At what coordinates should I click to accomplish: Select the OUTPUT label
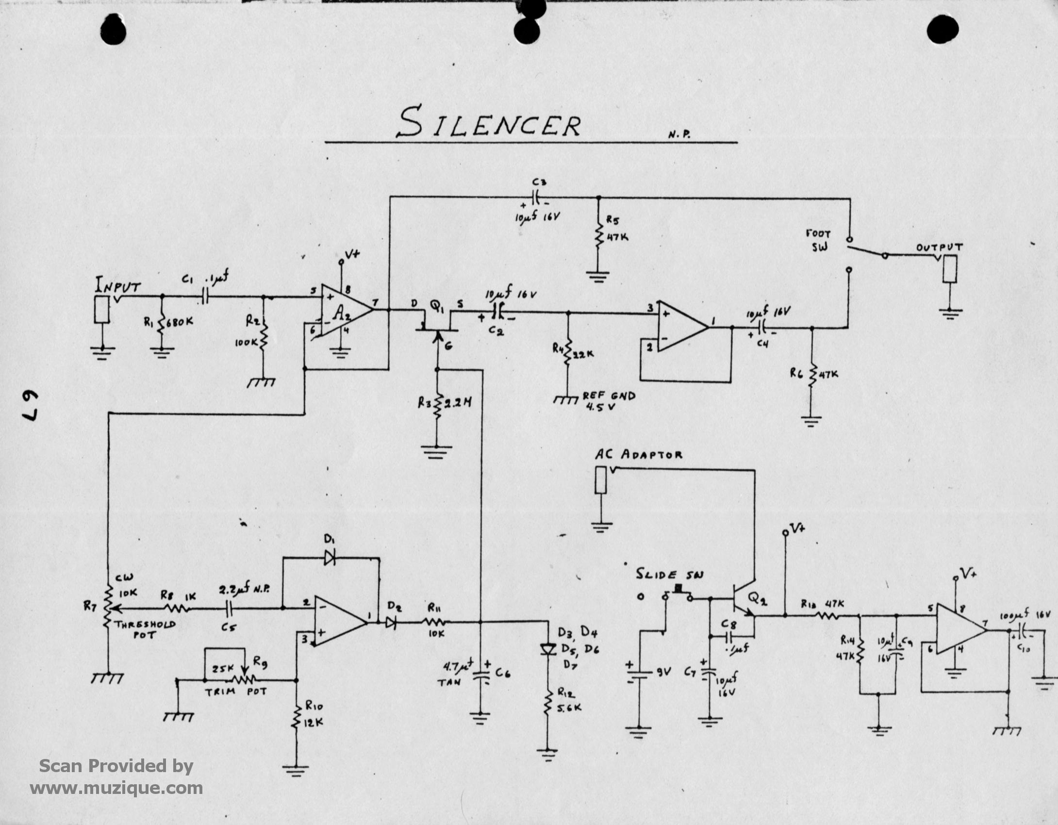(939, 247)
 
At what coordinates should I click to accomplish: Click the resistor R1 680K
(161, 322)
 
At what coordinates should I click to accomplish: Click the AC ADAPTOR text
(638, 455)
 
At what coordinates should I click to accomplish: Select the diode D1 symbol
(330, 559)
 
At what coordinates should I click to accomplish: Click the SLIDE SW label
(670, 575)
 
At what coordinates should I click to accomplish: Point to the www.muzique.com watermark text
(116, 788)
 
